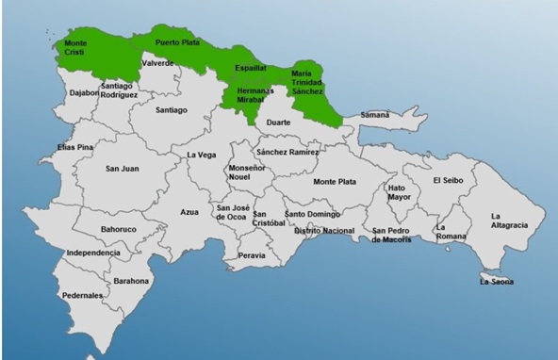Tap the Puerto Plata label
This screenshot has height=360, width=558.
(176, 41)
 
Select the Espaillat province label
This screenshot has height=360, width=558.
(250, 69)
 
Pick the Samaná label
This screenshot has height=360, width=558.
(374, 115)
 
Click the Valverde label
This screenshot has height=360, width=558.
(157, 63)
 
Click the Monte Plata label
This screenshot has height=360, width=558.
(335, 181)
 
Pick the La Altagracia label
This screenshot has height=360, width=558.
(510, 221)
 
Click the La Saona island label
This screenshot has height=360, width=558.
(497, 281)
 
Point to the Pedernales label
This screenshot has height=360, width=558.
(84, 295)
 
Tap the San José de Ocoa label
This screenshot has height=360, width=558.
(231, 213)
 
